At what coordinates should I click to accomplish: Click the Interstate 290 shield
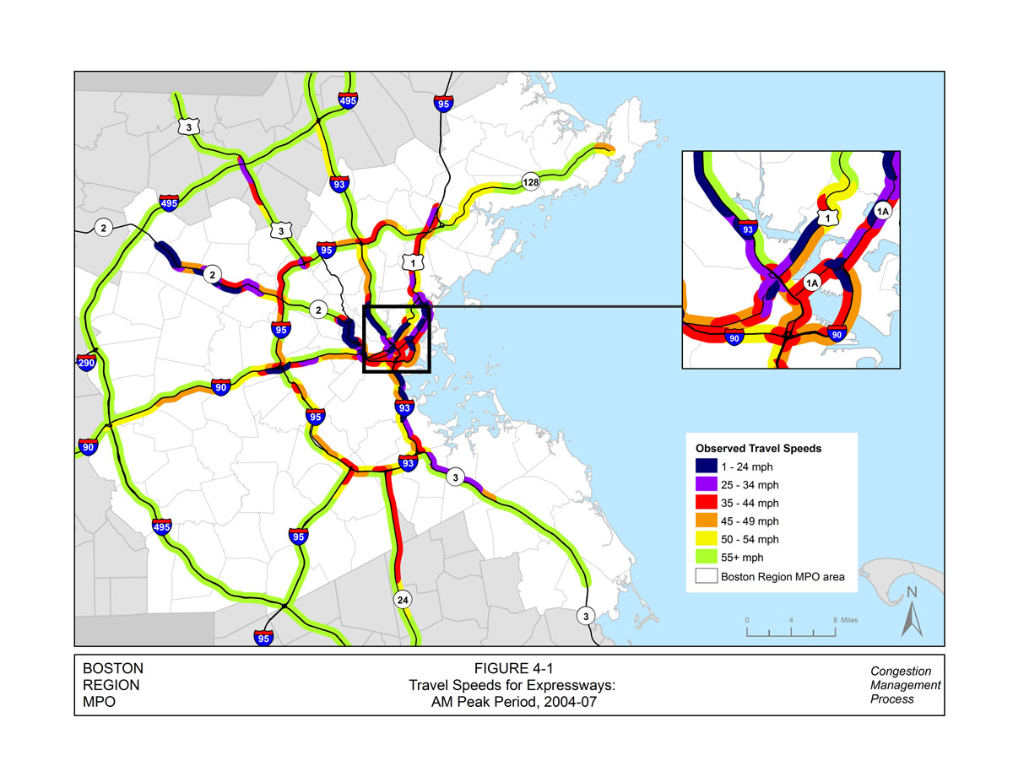pyautogui.click(x=86, y=364)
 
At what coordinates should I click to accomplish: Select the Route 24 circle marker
pyautogui.click(x=403, y=600)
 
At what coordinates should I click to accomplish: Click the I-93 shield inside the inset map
pyautogui.click(x=746, y=229)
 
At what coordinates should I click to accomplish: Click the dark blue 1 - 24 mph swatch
pyautogui.click(x=706, y=466)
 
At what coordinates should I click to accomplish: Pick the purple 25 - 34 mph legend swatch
pyautogui.click(x=706, y=484)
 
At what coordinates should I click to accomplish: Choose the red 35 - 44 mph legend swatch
pyautogui.click(x=706, y=503)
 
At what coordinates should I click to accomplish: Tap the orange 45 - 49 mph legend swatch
pyautogui.click(x=706, y=521)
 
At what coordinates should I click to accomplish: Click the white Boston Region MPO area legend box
pyautogui.click(x=706, y=577)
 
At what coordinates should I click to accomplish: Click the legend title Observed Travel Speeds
pyautogui.click(x=758, y=448)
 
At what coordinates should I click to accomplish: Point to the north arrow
pyautogui.click(x=912, y=611)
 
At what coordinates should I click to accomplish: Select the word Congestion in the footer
pyautogui.click(x=901, y=671)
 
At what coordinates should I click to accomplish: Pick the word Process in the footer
pyautogui.click(x=892, y=699)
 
